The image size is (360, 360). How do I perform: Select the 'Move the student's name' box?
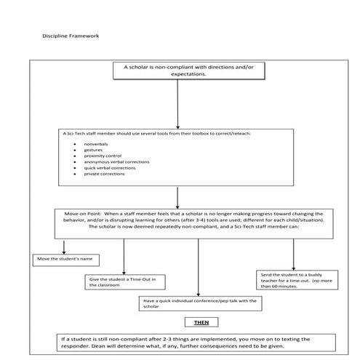click(66, 260)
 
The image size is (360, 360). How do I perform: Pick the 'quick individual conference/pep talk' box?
click(200, 303)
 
